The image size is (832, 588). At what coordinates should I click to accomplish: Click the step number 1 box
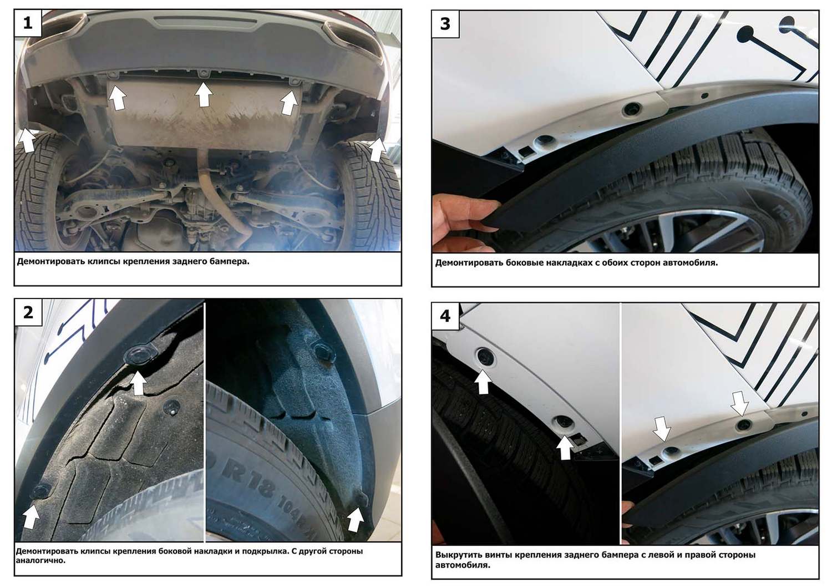28,23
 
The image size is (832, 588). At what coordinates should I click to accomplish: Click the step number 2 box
28,313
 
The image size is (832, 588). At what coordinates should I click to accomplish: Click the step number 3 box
445,24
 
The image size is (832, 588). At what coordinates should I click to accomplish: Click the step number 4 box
445,316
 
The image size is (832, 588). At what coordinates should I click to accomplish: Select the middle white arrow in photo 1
204,94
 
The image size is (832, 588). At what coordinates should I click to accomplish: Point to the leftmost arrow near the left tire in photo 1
27,140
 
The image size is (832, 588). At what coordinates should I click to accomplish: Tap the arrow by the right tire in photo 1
378,150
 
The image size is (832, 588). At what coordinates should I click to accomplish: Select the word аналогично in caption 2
40,560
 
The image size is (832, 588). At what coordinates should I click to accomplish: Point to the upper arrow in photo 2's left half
138,383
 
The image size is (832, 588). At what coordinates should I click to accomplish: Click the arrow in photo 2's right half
355,519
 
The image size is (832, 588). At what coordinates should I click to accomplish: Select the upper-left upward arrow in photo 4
483,382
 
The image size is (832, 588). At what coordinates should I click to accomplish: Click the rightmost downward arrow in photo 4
739,404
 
